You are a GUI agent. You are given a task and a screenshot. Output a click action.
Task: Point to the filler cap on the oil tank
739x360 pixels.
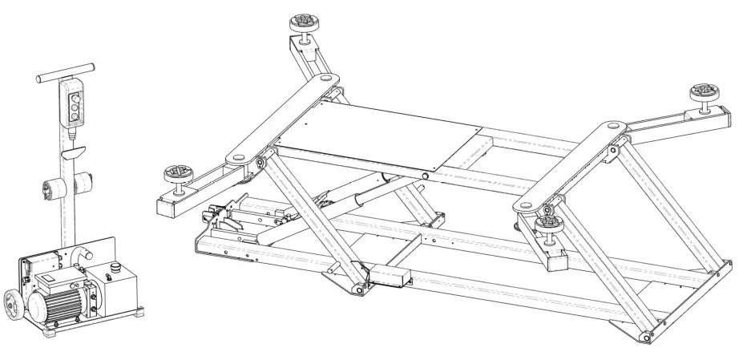118,269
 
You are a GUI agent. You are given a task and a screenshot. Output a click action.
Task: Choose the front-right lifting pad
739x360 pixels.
552,223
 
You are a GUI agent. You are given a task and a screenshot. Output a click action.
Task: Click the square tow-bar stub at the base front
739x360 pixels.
394,277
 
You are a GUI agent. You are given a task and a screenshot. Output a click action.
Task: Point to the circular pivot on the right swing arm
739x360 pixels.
612,126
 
